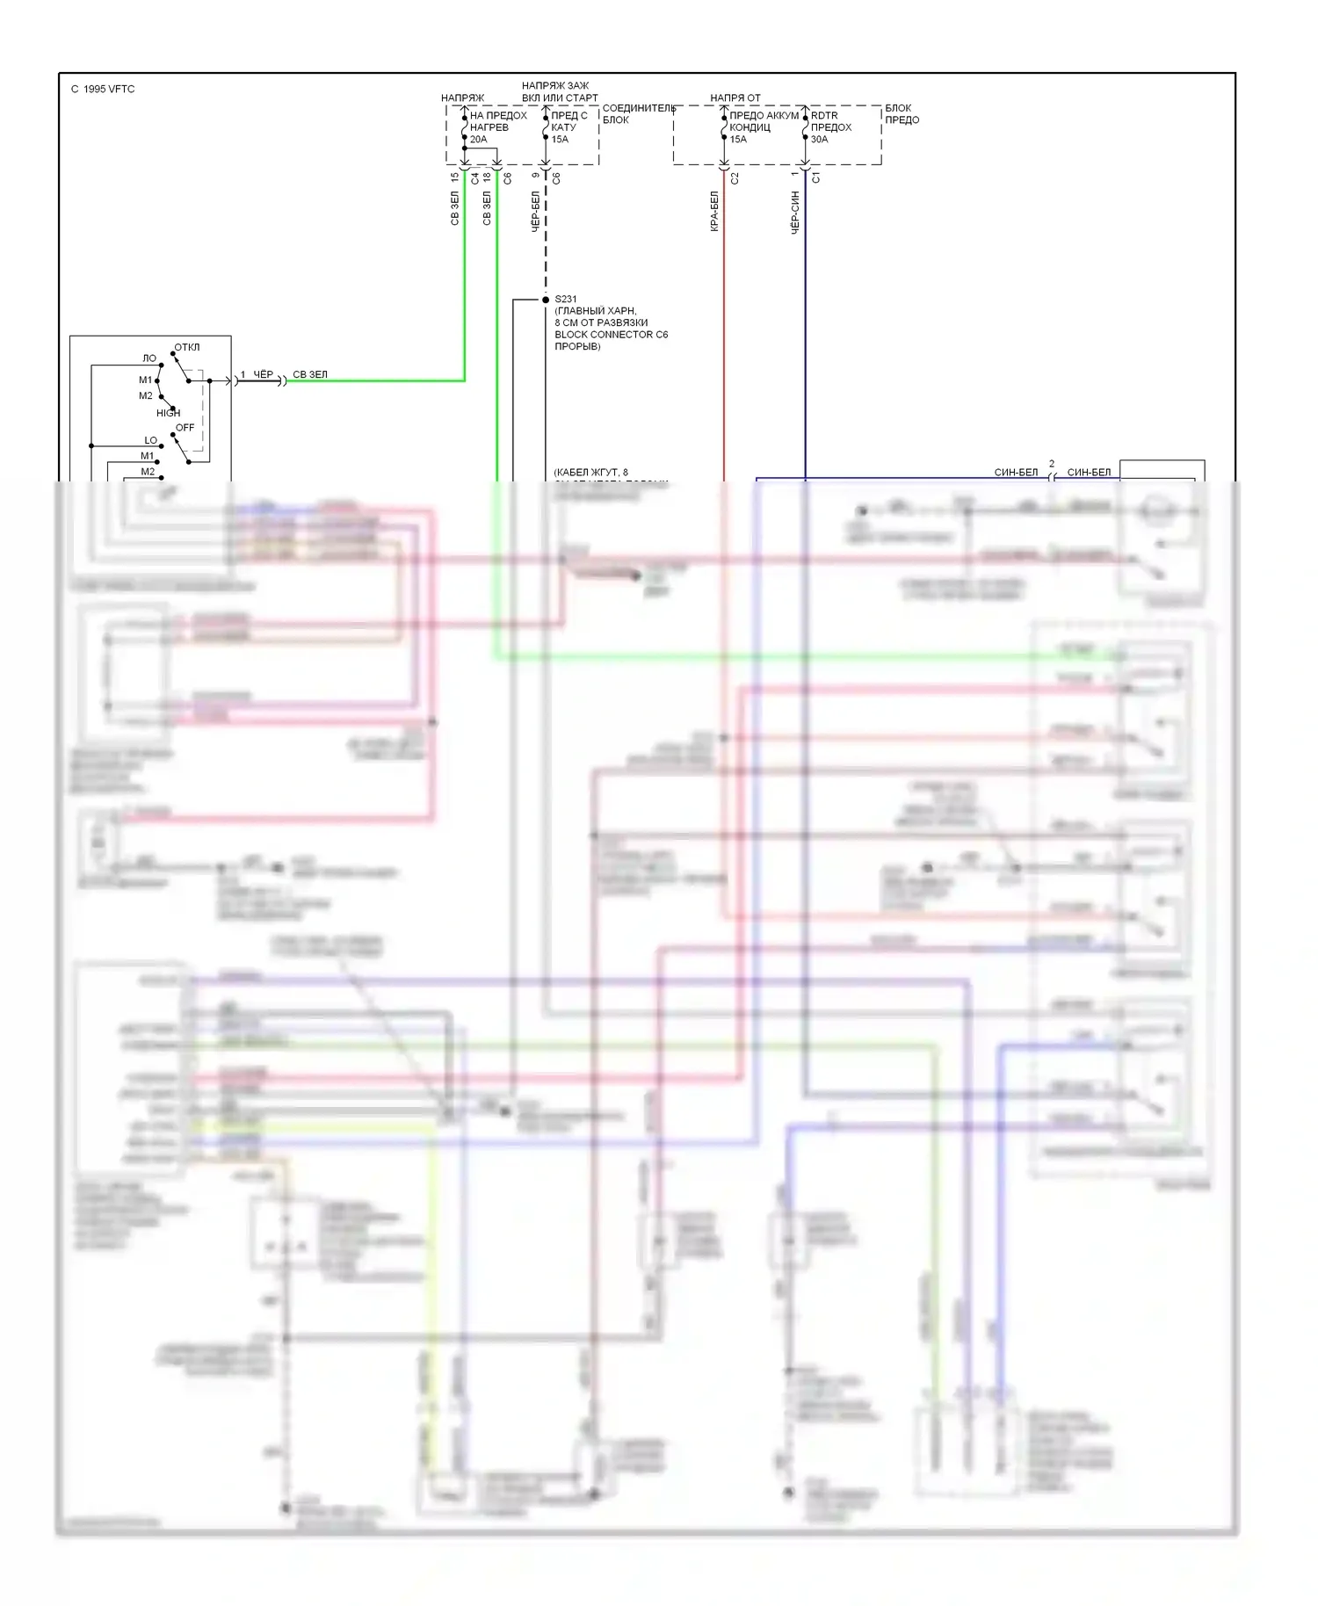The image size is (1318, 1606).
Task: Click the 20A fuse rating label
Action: (478, 140)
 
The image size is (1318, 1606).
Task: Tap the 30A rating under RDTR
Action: (819, 140)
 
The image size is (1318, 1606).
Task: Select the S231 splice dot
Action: (546, 300)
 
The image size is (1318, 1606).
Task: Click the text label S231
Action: (566, 300)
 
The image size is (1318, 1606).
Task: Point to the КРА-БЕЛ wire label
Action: (714, 212)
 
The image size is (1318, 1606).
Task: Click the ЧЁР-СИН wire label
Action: (795, 213)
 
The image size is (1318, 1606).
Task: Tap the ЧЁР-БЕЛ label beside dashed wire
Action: (535, 212)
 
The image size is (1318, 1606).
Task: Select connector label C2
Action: (735, 178)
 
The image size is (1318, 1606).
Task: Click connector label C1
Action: (816, 178)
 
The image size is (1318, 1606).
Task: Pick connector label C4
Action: (475, 178)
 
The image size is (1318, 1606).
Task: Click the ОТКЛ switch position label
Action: (186, 347)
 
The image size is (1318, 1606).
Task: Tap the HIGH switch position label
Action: (168, 413)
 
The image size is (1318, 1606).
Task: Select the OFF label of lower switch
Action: (185, 428)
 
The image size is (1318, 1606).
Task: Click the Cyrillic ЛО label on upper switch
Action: (149, 358)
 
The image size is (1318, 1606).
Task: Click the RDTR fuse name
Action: (824, 116)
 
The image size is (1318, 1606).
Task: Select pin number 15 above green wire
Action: (454, 177)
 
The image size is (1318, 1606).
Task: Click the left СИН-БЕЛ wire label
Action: (1016, 473)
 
